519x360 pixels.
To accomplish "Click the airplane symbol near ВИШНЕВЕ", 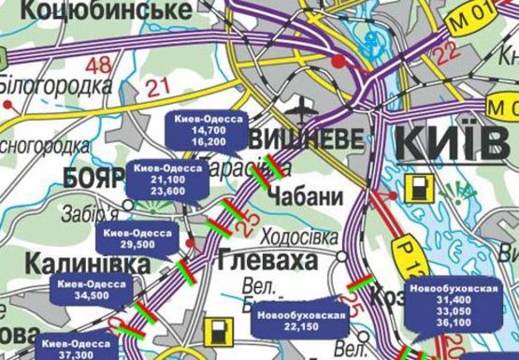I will click(x=304, y=105).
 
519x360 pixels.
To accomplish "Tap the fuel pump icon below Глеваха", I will click(x=220, y=333).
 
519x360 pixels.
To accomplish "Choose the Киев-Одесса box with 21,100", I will click(x=167, y=178).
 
